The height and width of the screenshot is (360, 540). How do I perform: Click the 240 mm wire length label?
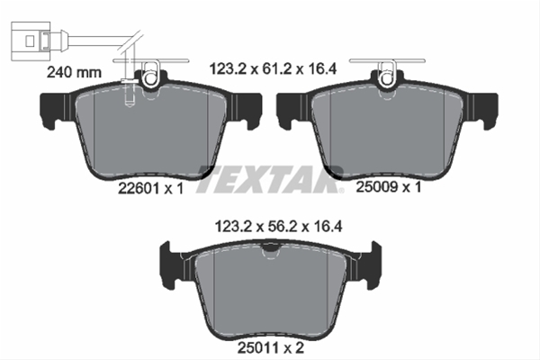pyautogui.click(x=74, y=72)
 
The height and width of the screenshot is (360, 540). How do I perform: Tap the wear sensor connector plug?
pyautogui.click(x=31, y=41)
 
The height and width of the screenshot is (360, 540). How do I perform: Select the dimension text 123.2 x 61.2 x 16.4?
pyautogui.click(x=273, y=69)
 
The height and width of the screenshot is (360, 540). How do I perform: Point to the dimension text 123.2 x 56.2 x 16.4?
pyautogui.click(x=278, y=227)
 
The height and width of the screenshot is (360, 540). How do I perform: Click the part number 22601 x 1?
pyautogui.click(x=151, y=188)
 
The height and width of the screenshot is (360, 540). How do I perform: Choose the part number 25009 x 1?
pyautogui.click(x=389, y=187)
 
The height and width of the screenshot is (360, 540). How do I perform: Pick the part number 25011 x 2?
pyautogui.click(x=271, y=347)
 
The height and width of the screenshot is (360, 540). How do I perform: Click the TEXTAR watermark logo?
pyautogui.click(x=270, y=179)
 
